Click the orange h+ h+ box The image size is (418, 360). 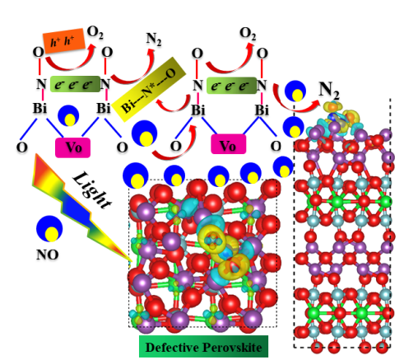point(64,41)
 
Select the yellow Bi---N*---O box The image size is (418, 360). point(149,89)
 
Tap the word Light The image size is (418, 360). point(92,190)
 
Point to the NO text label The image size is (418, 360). point(48,255)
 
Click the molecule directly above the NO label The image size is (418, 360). point(49,228)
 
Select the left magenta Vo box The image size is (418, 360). point(72,147)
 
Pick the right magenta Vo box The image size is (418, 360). point(228,144)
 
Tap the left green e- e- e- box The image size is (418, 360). point(75,84)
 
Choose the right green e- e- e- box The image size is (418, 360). point(231,86)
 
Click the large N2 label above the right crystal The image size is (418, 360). point(329,91)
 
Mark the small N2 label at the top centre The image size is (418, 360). point(154,40)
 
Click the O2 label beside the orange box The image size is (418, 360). point(95,33)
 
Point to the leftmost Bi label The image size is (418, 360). point(39,108)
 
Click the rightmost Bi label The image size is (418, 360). point(262,110)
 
